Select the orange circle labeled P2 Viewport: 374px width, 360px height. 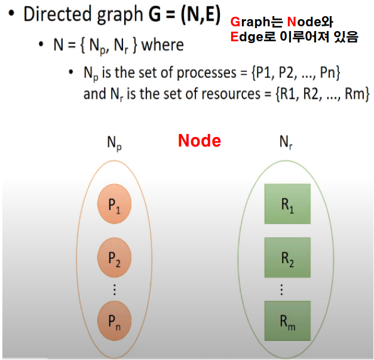[x=114, y=259]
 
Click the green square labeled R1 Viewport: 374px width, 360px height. [x=287, y=204]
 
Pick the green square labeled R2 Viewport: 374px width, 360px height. [x=287, y=258]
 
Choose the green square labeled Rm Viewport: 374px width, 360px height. [x=287, y=321]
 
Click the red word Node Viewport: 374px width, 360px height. [x=200, y=141]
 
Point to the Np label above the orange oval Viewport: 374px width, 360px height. [x=114, y=144]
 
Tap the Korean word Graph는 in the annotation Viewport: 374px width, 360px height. [x=254, y=23]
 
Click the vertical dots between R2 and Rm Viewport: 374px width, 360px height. [x=281, y=290]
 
